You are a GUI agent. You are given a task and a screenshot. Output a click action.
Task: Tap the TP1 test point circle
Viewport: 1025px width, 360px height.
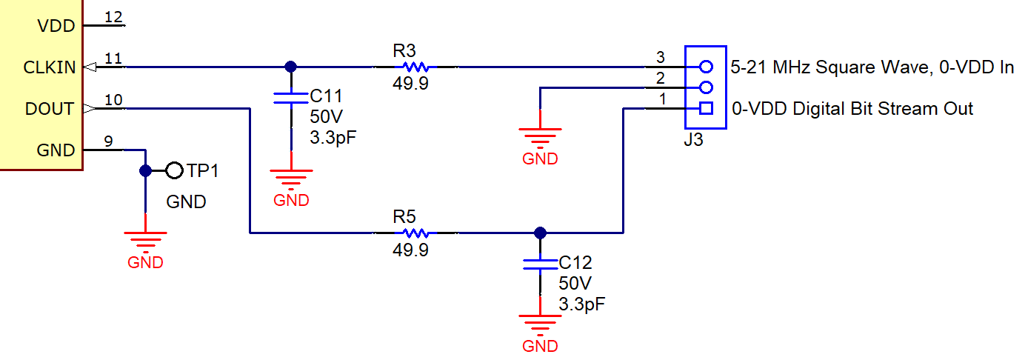(x=174, y=171)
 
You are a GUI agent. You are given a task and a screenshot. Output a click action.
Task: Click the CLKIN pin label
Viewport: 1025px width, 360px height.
(x=49, y=67)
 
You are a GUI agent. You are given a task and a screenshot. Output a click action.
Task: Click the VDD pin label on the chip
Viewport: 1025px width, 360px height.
(x=56, y=26)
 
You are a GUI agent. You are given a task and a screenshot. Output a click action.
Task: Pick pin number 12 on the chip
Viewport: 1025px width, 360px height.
(x=114, y=16)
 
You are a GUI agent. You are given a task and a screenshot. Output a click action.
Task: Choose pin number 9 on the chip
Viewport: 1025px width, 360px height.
(x=109, y=141)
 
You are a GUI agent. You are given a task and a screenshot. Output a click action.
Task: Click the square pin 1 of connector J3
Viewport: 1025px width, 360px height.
(x=706, y=109)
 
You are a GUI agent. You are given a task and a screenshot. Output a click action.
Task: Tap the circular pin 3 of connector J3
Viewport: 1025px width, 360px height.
(x=706, y=67)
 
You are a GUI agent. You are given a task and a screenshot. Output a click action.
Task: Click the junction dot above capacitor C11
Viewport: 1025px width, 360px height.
(x=291, y=67)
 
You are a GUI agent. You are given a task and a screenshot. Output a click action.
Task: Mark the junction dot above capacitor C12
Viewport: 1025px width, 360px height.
(x=540, y=233)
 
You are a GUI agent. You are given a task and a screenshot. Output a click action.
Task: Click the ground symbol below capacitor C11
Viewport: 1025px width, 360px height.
(x=291, y=178)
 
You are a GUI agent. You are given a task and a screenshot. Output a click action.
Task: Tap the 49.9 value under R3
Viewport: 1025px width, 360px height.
(x=410, y=84)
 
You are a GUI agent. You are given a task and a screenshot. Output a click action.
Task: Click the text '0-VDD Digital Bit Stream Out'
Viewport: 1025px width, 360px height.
(x=852, y=109)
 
